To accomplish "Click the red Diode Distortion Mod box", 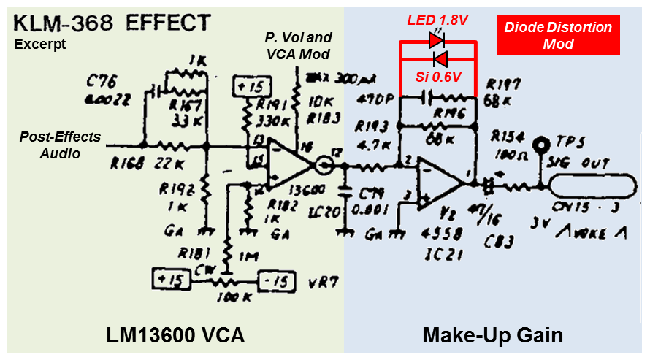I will point(558,35).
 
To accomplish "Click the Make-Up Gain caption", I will point(493,335).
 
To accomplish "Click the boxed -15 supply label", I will point(275,279).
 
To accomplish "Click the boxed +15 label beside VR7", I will point(168,279).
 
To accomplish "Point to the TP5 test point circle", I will point(541,145).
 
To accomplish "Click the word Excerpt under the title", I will point(40,44).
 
